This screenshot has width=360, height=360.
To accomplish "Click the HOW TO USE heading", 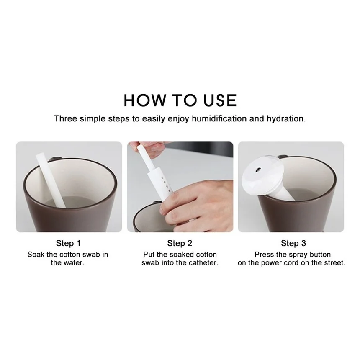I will pyautogui.click(x=180, y=101).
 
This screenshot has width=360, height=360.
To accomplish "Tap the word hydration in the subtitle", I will pyautogui.click(x=285, y=118).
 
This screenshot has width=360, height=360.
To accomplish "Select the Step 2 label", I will pyautogui.click(x=180, y=243).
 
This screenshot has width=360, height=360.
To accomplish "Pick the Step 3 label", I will pyautogui.click(x=293, y=243).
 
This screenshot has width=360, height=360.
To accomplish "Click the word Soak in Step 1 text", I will pyautogui.click(x=36, y=254).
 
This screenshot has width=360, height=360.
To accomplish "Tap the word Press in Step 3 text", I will pyautogui.click(x=264, y=254).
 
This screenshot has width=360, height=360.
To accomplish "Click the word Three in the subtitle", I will pyautogui.click(x=64, y=118).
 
